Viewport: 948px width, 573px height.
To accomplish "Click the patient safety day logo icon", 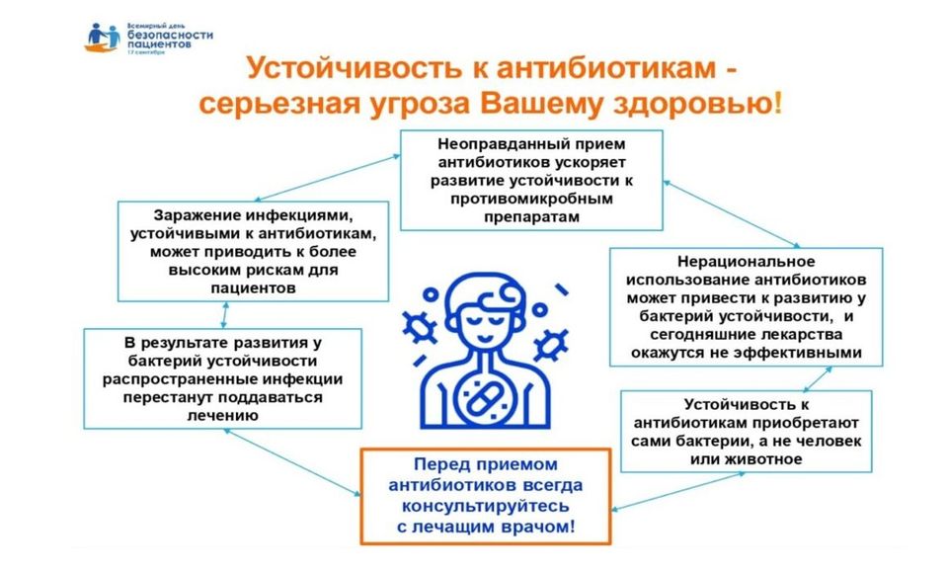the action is tap(102, 38).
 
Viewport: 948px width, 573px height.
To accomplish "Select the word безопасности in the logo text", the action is tap(170, 36).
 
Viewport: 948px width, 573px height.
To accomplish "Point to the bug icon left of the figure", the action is tap(419, 327).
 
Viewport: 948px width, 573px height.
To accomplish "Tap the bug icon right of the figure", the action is tap(550, 346).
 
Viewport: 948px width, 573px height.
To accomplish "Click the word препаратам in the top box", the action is tap(531, 217).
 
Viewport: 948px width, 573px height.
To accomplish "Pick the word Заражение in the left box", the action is tap(196, 215).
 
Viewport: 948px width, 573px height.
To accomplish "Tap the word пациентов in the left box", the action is tap(254, 288).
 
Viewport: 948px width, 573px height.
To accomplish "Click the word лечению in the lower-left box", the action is tap(222, 416).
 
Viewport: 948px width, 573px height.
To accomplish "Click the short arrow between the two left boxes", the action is tap(224, 314).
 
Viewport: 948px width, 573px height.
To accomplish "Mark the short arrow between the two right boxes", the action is tap(818, 378).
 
